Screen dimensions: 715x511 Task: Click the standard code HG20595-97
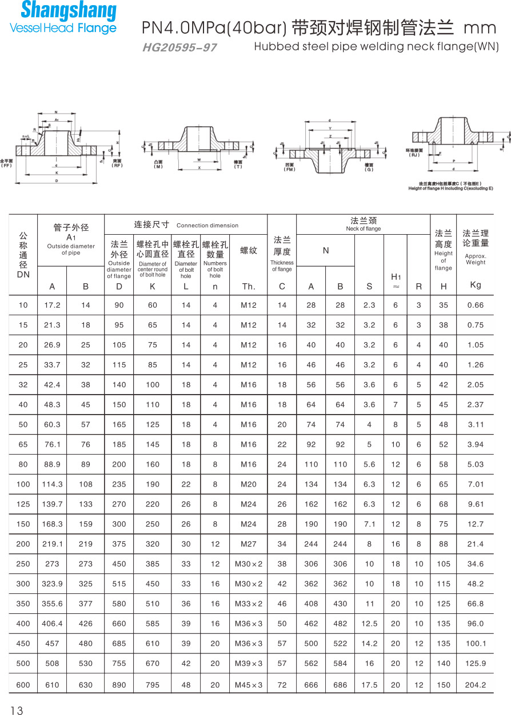click(x=179, y=48)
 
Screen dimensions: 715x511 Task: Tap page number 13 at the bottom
click(x=17, y=710)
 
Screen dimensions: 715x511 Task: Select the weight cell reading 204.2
click(x=475, y=685)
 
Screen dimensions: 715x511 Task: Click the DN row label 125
click(x=23, y=504)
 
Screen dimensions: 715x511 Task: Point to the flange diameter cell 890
click(x=119, y=685)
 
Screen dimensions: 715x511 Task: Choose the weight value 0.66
click(x=475, y=305)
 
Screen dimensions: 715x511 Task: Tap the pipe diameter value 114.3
click(x=52, y=484)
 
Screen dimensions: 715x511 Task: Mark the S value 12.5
click(x=369, y=624)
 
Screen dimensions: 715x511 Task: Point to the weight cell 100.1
click(x=475, y=644)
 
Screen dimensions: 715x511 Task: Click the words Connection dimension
click(x=207, y=226)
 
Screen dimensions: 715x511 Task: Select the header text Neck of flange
click(x=363, y=229)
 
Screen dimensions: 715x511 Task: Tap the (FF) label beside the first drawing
click(x=6, y=166)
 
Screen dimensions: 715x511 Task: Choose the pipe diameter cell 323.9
click(x=52, y=584)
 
